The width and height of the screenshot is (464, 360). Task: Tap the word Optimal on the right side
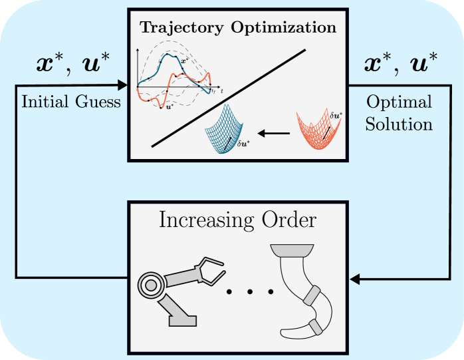tap(399, 102)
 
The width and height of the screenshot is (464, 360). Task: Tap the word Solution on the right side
tap(399, 124)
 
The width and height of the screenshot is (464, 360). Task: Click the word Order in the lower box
tap(287, 220)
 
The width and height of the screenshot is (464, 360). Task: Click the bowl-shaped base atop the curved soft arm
tap(291, 251)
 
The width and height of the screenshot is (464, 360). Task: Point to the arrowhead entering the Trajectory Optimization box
tap(122, 85)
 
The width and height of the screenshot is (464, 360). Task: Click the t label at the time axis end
tap(221, 89)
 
